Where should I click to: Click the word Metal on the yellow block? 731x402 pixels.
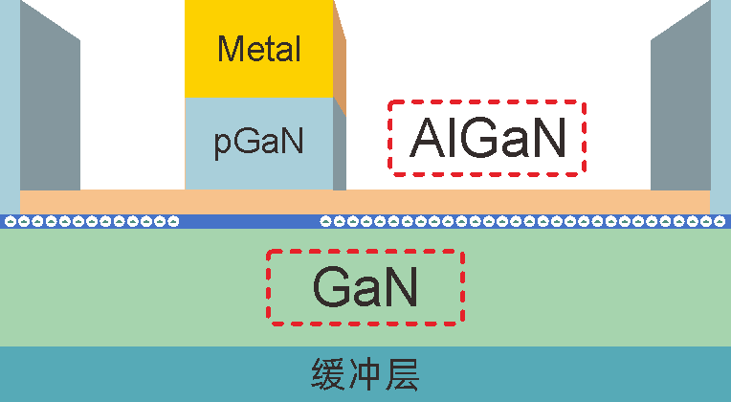[x=259, y=49]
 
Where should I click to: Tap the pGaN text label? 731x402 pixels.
[x=258, y=142]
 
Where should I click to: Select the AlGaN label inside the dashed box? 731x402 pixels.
[x=488, y=138]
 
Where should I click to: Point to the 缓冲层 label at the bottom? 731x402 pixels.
[x=365, y=374]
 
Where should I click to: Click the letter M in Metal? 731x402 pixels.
[x=231, y=49]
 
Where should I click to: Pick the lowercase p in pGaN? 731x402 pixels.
[x=221, y=145]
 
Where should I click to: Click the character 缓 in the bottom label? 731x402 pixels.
[x=328, y=374]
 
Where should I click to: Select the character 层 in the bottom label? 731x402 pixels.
[x=402, y=374]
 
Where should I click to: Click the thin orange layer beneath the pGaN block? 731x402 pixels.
[x=365, y=202]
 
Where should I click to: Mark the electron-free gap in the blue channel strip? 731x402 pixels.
[x=250, y=221]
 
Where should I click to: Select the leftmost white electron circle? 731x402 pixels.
[x=10, y=221]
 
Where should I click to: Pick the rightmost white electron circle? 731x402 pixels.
[x=720, y=221]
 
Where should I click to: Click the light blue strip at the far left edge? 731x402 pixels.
[x=10, y=107]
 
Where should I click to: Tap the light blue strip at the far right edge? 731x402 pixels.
[x=720, y=107]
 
